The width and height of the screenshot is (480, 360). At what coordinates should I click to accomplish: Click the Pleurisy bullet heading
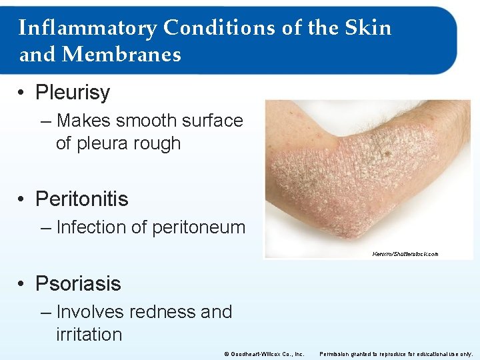click(72, 93)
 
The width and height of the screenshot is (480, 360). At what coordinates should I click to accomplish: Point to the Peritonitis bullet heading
click(81, 199)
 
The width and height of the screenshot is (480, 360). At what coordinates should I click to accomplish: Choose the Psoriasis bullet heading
click(78, 283)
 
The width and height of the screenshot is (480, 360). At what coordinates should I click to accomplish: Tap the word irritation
click(89, 335)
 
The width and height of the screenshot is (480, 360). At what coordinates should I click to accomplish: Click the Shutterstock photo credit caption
click(405, 254)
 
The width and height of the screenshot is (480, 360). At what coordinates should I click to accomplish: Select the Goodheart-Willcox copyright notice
click(265, 353)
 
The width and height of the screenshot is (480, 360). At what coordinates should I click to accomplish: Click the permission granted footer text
click(396, 353)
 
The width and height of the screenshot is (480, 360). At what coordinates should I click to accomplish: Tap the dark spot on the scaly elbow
click(387, 154)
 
